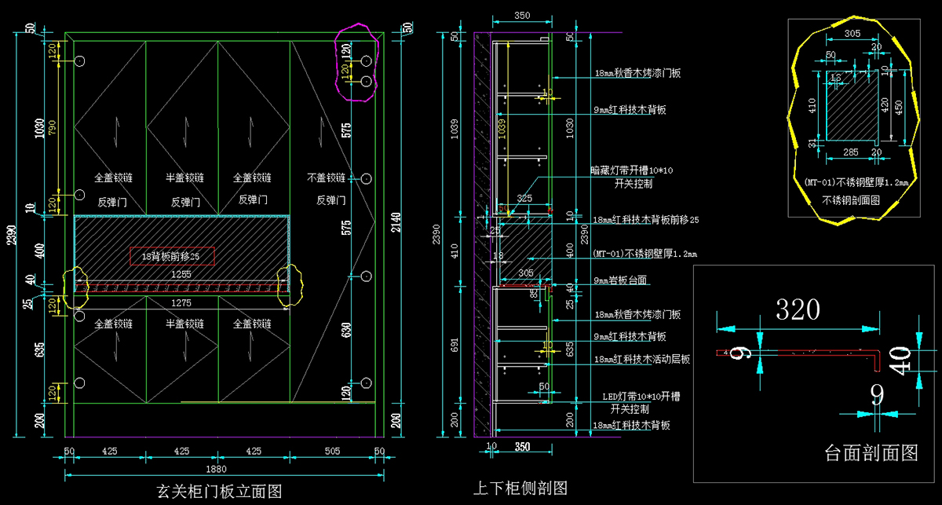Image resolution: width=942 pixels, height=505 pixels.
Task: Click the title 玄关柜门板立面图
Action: pos(219,492)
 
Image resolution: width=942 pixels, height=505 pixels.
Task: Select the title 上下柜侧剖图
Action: pos(519,489)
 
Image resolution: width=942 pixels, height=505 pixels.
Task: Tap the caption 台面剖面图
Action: pos(871,452)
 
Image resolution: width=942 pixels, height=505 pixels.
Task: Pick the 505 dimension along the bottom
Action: pos(332,452)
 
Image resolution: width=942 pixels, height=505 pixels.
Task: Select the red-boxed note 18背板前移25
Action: pos(172,255)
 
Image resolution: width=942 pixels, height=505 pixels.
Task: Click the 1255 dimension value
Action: pos(182,275)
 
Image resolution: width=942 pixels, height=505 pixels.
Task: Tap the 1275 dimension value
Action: pos(182,302)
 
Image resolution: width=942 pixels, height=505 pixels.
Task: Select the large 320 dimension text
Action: pos(798,310)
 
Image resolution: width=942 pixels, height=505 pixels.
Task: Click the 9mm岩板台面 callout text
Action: pos(626,280)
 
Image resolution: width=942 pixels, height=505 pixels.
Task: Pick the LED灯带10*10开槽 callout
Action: pos(635,397)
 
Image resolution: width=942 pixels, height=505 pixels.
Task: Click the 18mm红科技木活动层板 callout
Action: pos(642,359)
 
